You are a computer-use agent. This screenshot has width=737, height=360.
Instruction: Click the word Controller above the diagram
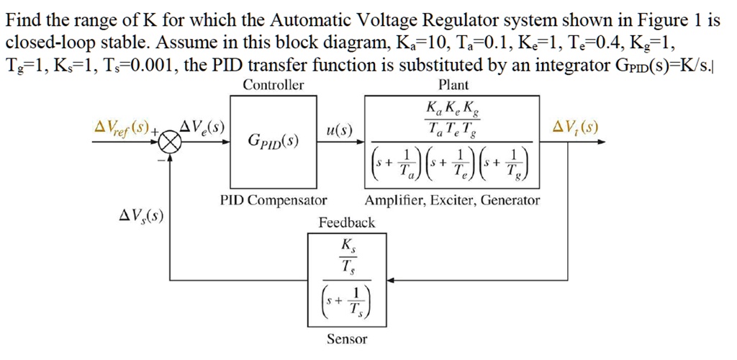click(273, 85)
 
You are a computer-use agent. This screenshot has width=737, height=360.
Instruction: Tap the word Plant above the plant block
click(453, 85)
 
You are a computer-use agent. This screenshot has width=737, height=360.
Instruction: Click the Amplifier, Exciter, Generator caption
click(452, 200)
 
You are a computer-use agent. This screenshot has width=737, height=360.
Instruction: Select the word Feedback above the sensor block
click(347, 223)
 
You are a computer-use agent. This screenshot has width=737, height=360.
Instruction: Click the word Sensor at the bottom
click(347, 338)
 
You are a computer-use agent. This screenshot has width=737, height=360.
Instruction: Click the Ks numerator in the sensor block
click(347, 245)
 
